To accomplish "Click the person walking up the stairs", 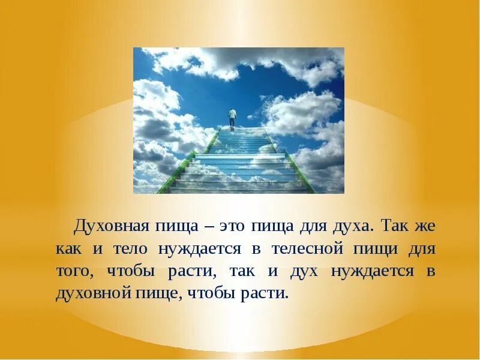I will pyautogui.click(x=232, y=118).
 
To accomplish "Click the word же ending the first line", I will pyautogui.click(x=427, y=226).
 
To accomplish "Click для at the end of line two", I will pyautogui.click(x=422, y=248).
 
